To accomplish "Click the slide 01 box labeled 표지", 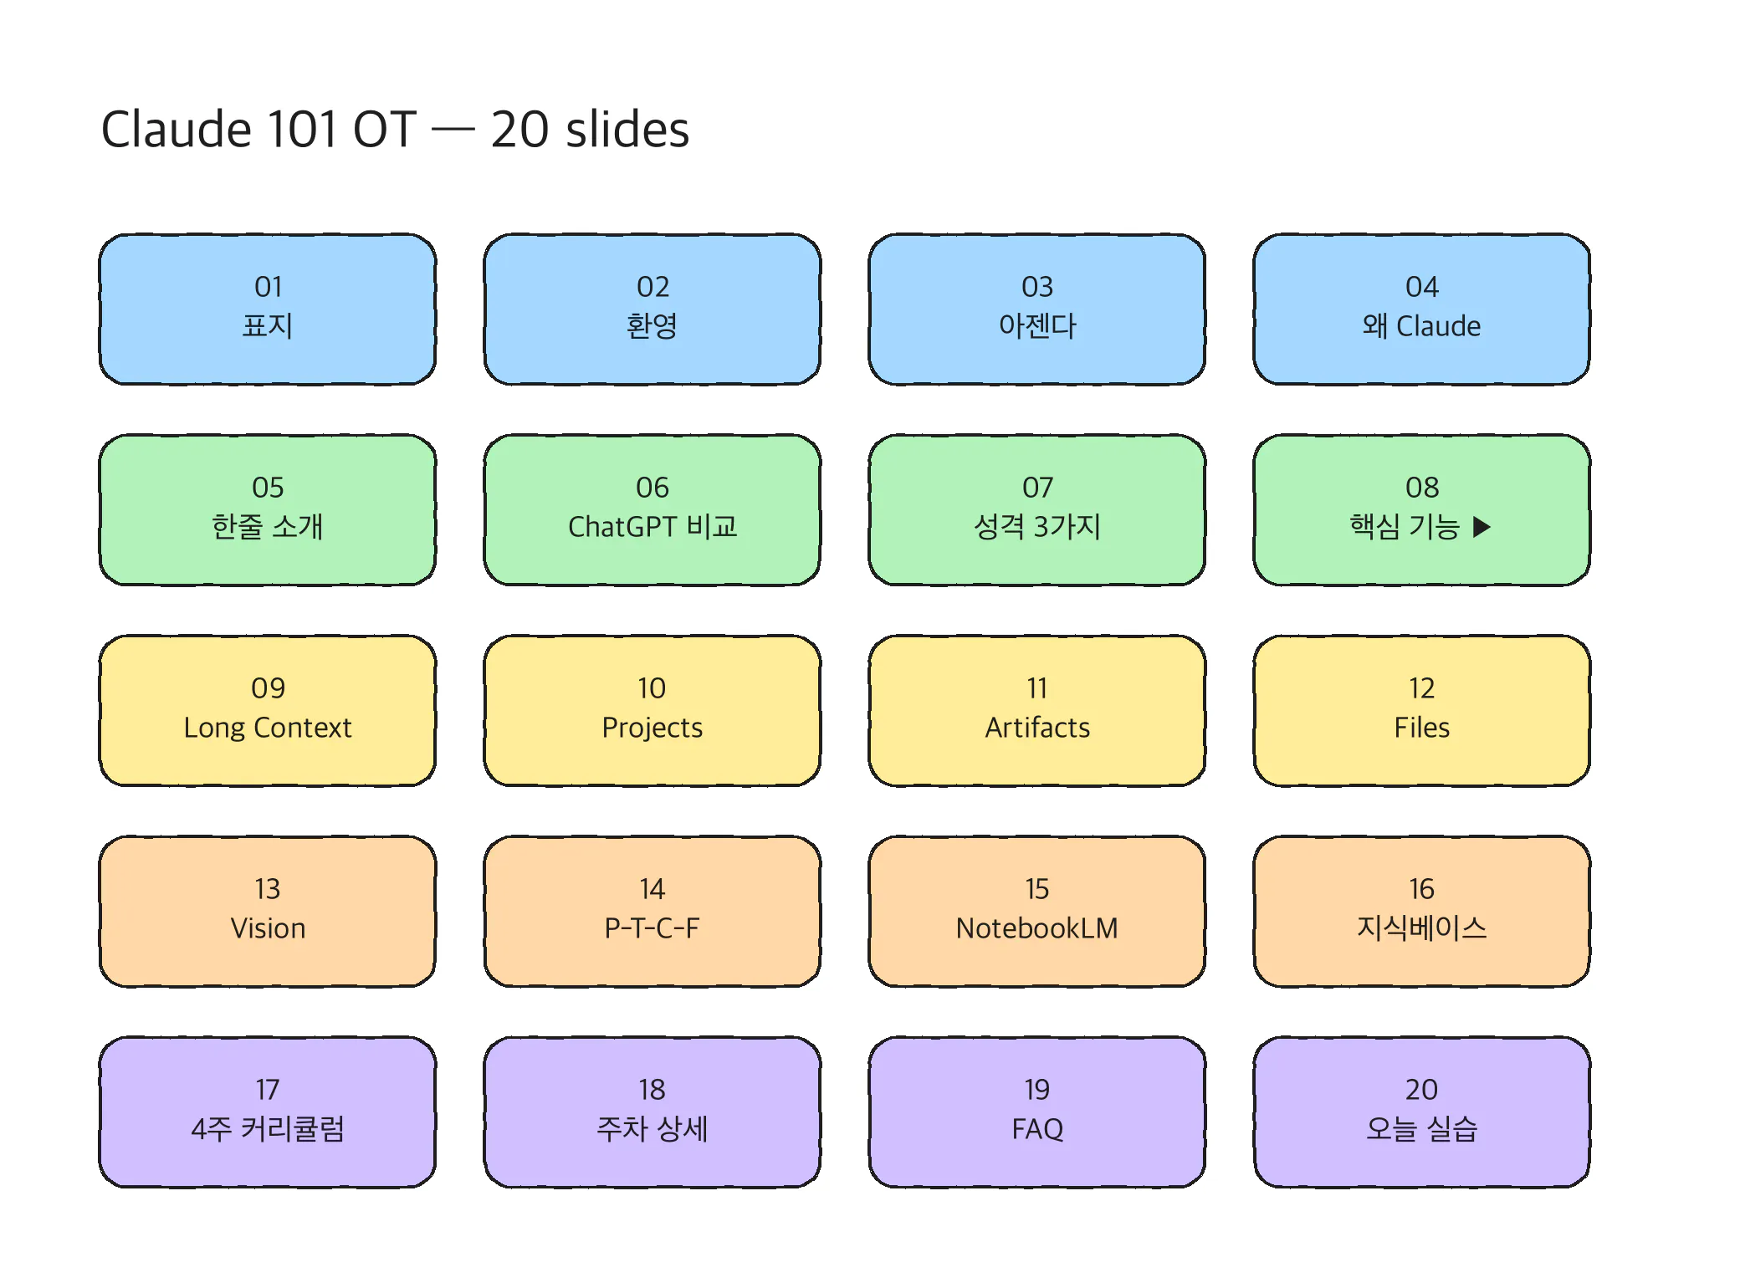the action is point(268,309).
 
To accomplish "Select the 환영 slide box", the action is point(652,309).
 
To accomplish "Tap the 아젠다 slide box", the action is point(1037,309).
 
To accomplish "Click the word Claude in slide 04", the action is point(1439,326).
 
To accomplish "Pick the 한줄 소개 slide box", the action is point(268,510).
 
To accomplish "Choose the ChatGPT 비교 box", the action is point(652,510).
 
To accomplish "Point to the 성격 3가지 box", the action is point(1037,510).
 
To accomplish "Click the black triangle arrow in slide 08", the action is point(1482,527).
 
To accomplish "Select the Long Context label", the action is point(268,728).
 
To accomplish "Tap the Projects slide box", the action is point(652,711).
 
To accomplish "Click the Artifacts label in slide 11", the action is point(1037,728).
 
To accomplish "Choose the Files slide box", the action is point(1422,711).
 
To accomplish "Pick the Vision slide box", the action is point(268,912).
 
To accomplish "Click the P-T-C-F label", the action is point(652,928).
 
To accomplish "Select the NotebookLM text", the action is point(1037,928).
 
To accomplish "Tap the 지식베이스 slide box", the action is point(1422,912).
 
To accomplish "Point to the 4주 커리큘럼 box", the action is point(268,1112).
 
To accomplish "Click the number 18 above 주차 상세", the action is point(652,1090).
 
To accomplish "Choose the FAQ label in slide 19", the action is point(1037,1129).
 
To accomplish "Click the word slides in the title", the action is point(627,130).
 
